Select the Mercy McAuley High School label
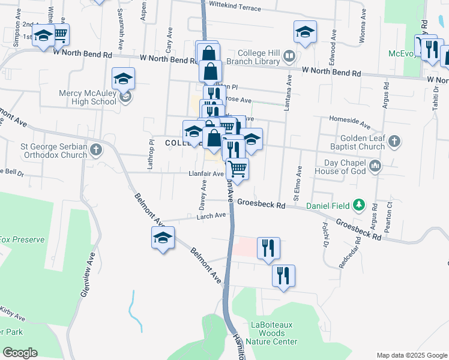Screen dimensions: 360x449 (88, 97)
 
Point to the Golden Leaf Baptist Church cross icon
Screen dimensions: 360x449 (394, 142)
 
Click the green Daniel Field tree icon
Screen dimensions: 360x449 (359, 205)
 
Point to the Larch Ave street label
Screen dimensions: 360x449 (211, 215)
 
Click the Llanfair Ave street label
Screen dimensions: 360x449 (206, 174)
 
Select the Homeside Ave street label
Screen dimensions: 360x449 (349, 122)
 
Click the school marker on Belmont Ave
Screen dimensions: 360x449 (163, 237)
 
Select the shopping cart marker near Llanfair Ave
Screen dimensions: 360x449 (238, 169)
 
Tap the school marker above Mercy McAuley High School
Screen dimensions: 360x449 (123, 78)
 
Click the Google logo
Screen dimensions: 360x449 (20, 353)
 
